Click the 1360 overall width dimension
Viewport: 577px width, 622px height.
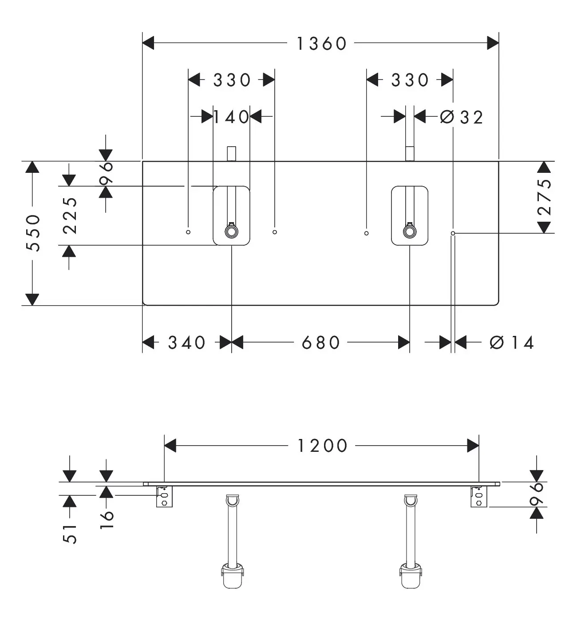[321, 44]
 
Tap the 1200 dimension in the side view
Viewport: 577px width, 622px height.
[322, 446]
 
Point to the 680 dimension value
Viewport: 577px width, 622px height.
[321, 342]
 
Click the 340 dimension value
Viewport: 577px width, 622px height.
[187, 342]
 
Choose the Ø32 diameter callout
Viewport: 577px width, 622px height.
[462, 117]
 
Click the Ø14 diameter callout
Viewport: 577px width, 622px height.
[512, 342]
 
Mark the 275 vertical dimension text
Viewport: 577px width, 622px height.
[544, 197]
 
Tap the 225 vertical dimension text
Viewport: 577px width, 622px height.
[70, 216]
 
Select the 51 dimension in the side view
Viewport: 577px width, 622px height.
[70, 534]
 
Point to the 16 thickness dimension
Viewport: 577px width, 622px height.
[107, 520]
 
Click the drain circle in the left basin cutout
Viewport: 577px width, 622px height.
[232, 232]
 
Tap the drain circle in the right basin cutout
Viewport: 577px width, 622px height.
[410, 232]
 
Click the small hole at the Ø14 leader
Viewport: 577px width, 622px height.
[453, 233]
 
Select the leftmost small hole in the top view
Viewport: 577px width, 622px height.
[188, 232]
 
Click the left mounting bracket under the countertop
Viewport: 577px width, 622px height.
[164, 496]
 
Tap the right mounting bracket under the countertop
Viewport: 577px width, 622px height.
[479, 496]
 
